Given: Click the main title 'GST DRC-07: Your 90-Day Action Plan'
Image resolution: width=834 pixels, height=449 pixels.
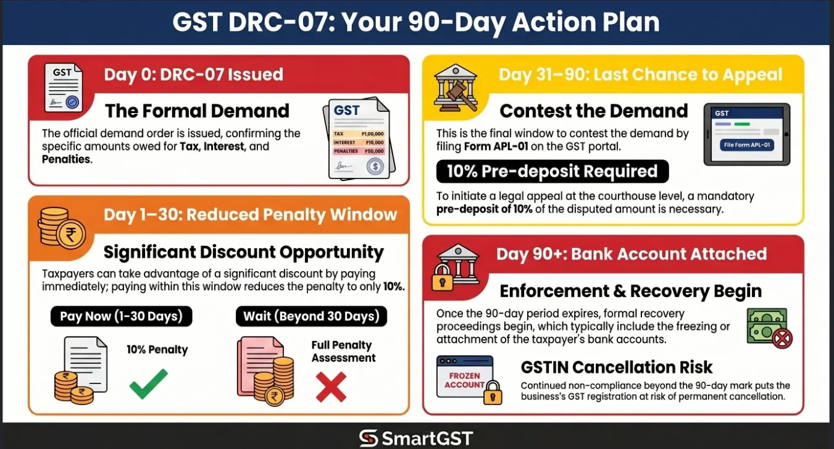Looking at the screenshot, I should pos(417,22).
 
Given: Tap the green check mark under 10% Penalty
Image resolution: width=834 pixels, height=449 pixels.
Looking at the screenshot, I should pos(148,384).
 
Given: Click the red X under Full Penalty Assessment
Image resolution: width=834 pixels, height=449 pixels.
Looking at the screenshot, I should pos(331,387).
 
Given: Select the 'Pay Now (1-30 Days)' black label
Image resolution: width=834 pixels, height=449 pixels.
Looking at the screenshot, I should pos(121,316).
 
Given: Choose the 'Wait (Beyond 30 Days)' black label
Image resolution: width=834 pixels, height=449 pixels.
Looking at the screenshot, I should pos(311,316).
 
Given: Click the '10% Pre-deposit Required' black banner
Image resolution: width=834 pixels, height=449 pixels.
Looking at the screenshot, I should pos(552,172).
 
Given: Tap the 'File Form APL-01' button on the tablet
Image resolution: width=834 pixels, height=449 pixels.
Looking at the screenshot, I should pos(747,146).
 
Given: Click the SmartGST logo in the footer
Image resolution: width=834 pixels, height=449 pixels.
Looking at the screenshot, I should pos(417,438).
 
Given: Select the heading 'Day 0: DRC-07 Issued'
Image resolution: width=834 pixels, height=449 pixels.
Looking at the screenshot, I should pos(193,75).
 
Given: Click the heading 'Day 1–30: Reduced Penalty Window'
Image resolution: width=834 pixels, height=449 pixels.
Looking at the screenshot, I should pos(250,214).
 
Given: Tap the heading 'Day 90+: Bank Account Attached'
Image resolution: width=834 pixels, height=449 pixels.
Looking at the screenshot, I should pos(632,254).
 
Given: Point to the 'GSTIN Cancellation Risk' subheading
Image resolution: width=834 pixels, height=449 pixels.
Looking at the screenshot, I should pos(617,367).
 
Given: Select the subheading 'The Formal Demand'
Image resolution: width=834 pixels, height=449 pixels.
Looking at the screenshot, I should pos(197,111).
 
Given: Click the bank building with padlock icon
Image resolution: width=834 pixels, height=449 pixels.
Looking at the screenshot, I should pos(456,267).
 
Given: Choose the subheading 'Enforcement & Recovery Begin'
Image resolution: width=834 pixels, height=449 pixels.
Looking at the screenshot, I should pos(630,291).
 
